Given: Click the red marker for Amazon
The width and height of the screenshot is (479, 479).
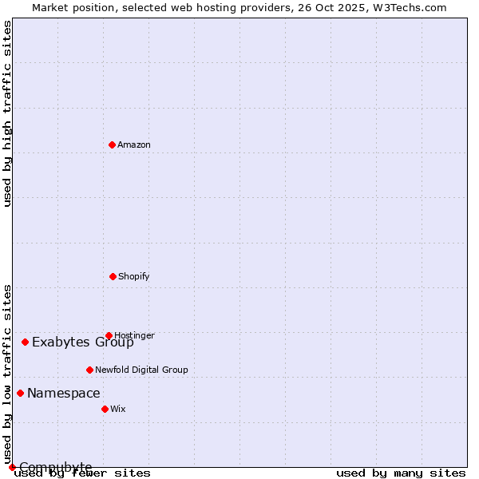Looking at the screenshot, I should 112,144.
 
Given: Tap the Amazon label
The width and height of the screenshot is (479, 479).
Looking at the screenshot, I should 134,145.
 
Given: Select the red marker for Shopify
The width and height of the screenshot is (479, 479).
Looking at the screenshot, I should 113,276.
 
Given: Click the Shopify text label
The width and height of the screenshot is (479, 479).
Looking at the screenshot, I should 134,277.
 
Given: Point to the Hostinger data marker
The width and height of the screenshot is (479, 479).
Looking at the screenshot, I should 109,335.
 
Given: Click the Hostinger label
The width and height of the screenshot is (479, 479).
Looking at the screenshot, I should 134,335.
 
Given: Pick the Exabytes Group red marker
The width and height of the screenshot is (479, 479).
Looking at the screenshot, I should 25,342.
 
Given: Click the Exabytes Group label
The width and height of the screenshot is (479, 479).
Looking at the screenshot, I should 83,342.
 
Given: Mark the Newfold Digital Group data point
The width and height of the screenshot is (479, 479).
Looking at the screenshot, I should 89,370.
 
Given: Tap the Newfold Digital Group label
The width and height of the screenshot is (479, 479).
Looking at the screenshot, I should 141,370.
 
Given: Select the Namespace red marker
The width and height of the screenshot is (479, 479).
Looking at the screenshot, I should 20,393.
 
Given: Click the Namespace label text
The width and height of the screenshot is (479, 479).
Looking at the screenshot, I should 64,394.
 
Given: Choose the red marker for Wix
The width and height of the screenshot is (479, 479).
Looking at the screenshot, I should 105,409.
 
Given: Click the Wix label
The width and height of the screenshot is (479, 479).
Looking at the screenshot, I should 118,410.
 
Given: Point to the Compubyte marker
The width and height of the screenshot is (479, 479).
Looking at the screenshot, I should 12,467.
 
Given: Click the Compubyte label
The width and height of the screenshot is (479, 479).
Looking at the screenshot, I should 56,467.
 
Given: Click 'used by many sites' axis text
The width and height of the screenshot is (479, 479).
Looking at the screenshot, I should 401,473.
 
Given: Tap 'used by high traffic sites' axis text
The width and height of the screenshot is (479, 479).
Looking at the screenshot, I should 7,113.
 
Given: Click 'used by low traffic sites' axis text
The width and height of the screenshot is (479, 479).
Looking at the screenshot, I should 7,374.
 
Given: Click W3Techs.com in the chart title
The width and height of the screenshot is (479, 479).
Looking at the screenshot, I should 408,7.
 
